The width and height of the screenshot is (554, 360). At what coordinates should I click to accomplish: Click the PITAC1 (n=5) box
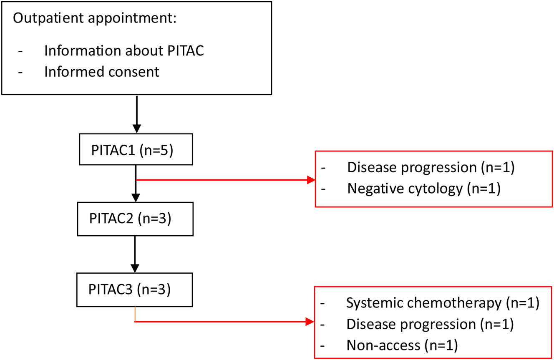[x=136, y=149]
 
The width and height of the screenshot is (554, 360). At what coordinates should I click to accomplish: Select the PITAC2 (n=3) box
[x=136, y=219]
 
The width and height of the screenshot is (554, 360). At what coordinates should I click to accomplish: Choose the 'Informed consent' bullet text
[x=101, y=71]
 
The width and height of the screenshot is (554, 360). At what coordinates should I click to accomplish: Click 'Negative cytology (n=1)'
[x=423, y=189]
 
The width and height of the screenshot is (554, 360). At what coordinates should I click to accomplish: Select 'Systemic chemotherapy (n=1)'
[x=443, y=303]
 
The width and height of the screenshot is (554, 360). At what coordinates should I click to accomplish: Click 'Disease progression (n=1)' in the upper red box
[x=430, y=167]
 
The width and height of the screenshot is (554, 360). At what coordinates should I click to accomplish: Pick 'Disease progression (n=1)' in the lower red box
[x=429, y=324]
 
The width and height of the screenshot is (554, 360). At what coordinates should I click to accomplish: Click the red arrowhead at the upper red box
[x=310, y=180]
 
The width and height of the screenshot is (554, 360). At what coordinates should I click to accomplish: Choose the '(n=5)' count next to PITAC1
[x=156, y=149]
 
